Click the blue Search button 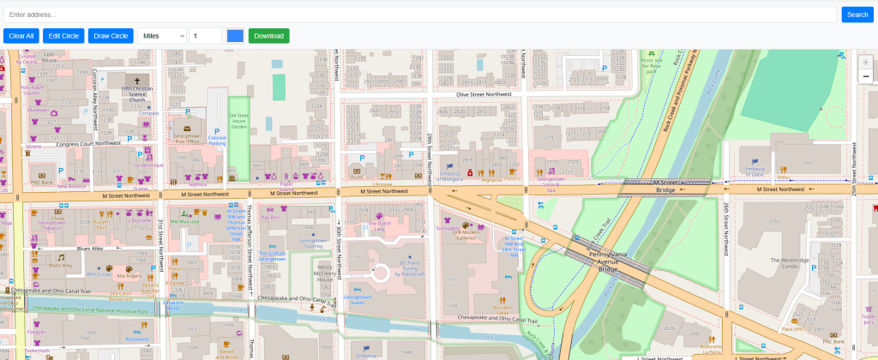click(x=857, y=15)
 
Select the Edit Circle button click(x=63, y=36)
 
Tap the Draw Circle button click(x=111, y=36)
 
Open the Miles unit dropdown click(x=162, y=36)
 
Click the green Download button click(x=268, y=36)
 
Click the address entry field click(x=419, y=15)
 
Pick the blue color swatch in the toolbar click(x=235, y=36)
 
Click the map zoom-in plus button click(x=865, y=63)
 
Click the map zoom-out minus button click(x=865, y=76)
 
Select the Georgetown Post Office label click(x=186, y=140)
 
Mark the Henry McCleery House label click(x=323, y=273)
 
